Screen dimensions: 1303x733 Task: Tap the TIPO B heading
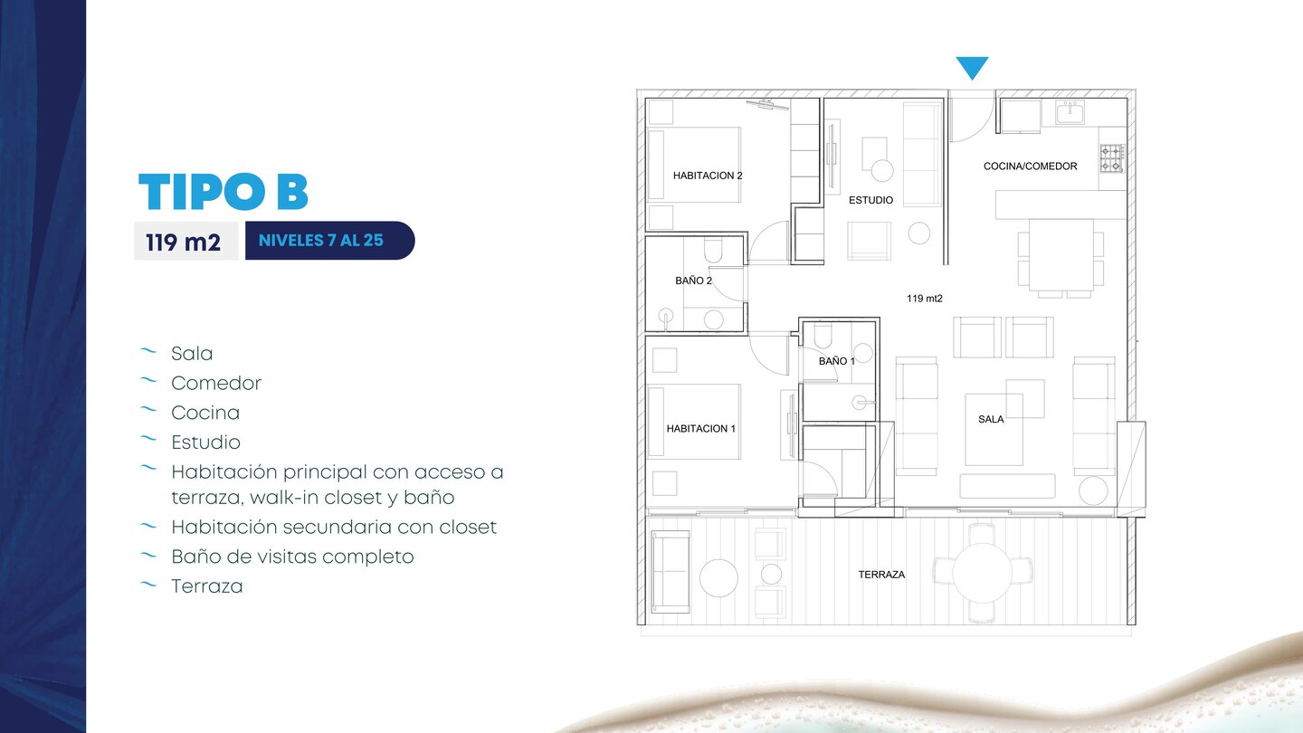(224, 192)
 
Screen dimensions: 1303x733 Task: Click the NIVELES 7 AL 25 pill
(329, 241)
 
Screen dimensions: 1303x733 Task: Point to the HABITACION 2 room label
(708, 176)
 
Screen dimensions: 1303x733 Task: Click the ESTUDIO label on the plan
(870, 200)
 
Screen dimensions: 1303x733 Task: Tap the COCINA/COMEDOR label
(1030, 167)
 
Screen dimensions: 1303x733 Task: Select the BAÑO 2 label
(693, 281)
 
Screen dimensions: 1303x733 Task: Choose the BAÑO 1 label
(836, 361)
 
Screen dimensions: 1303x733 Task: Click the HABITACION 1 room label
(701, 429)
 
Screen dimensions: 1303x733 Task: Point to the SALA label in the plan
(991, 420)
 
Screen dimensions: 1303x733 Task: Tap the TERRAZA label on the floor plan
(881, 575)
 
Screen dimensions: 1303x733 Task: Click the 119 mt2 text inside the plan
(925, 299)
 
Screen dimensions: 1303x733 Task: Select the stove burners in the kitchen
(1111, 159)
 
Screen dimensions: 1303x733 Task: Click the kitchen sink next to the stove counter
(1070, 112)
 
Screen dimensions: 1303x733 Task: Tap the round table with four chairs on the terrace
(983, 573)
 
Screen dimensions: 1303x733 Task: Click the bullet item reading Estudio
(205, 443)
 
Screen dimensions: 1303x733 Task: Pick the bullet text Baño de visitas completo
(292, 557)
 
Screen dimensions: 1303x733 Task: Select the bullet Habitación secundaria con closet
(334, 527)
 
